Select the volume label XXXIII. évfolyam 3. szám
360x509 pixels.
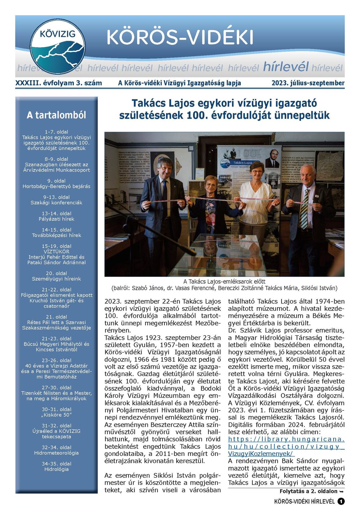pyautogui.click(x=59, y=83)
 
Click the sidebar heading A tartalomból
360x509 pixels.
pyautogui.click(x=56, y=115)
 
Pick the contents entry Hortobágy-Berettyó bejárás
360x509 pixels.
pyautogui.click(x=56, y=186)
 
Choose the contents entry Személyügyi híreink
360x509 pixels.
pyautogui.click(x=56, y=279)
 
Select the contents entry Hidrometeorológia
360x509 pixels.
pyautogui.click(x=56, y=453)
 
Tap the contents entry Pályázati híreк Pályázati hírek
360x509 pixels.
pyautogui.click(x=56, y=219)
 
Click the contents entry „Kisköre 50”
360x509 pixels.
pyautogui.click(x=56, y=415)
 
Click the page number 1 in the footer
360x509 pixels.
pyautogui.click(x=341, y=501)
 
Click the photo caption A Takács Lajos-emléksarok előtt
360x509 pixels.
pyautogui.click(x=224, y=281)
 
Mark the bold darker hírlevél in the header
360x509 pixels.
pyautogui.click(x=286, y=66)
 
